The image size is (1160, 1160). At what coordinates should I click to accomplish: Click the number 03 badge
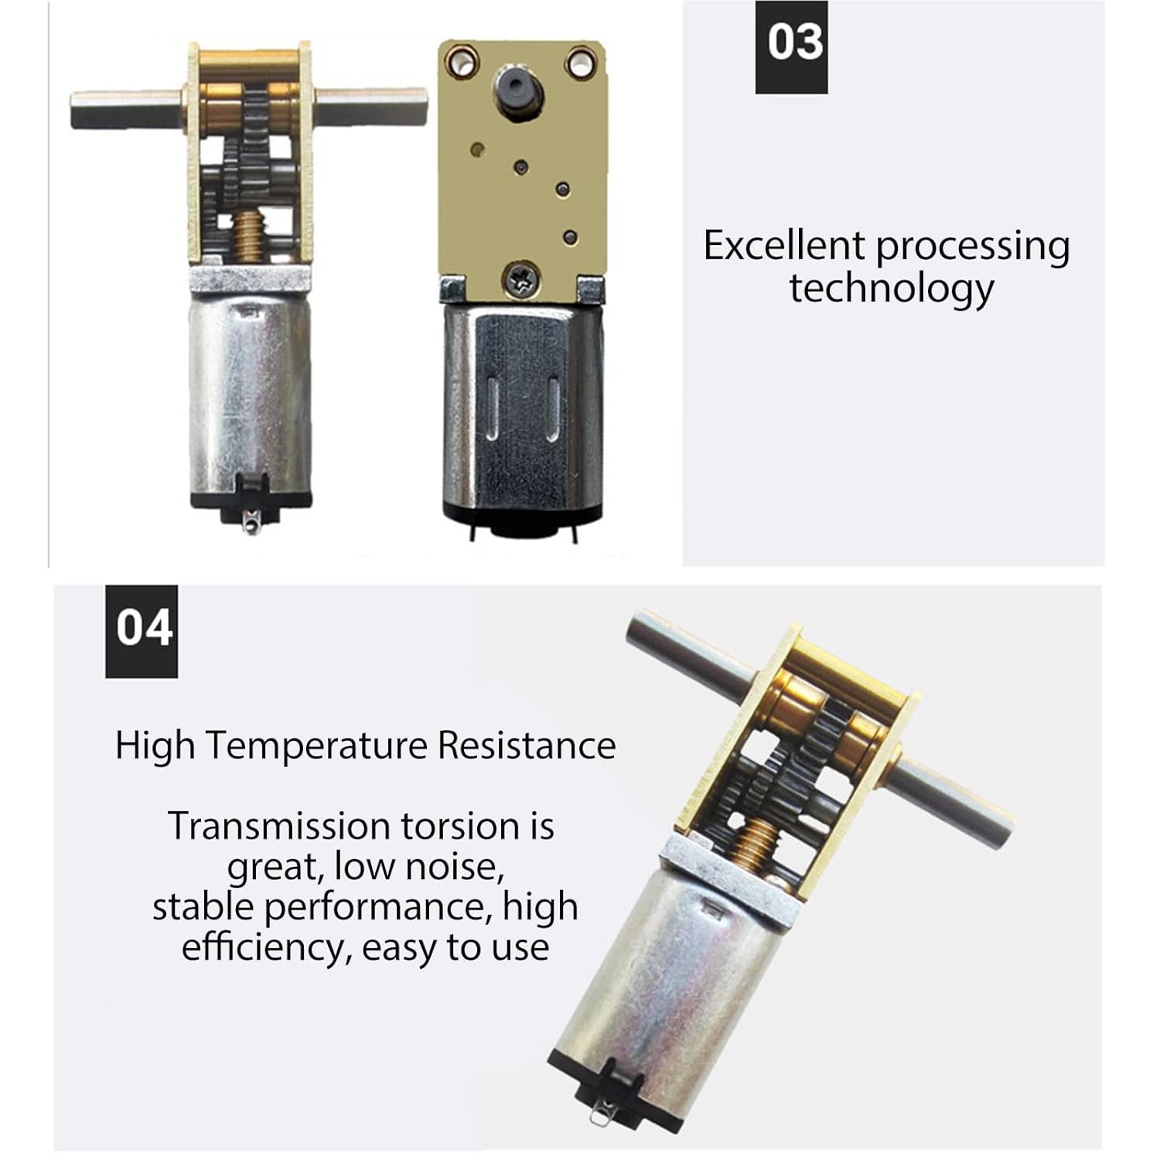click(x=791, y=47)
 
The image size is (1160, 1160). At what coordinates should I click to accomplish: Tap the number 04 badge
click(x=142, y=632)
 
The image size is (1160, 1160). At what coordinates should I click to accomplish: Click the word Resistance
click(x=527, y=745)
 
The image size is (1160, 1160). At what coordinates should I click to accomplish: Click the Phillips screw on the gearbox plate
click(x=524, y=279)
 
